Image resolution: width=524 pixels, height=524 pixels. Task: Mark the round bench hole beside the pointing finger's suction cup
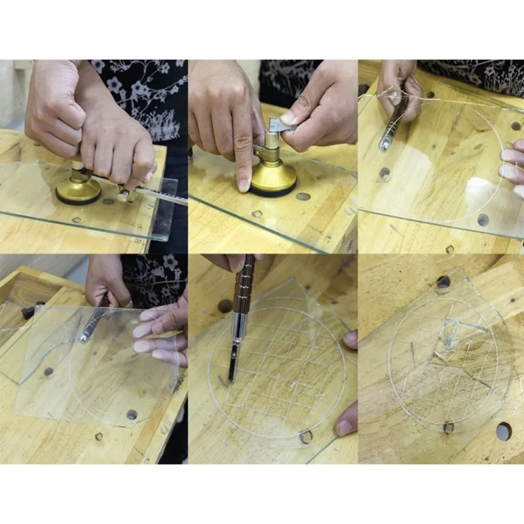[303, 196]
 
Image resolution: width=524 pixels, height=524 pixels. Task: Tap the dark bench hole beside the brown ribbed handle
[225, 305]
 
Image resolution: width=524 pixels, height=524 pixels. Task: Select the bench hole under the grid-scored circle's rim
[305, 436]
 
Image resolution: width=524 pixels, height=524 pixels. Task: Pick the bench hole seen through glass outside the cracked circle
[443, 282]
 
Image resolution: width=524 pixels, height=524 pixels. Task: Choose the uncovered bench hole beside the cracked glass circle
[504, 431]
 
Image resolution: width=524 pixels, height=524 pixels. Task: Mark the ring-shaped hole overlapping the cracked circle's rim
[448, 427]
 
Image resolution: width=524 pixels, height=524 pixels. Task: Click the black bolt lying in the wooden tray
[29, 311]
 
